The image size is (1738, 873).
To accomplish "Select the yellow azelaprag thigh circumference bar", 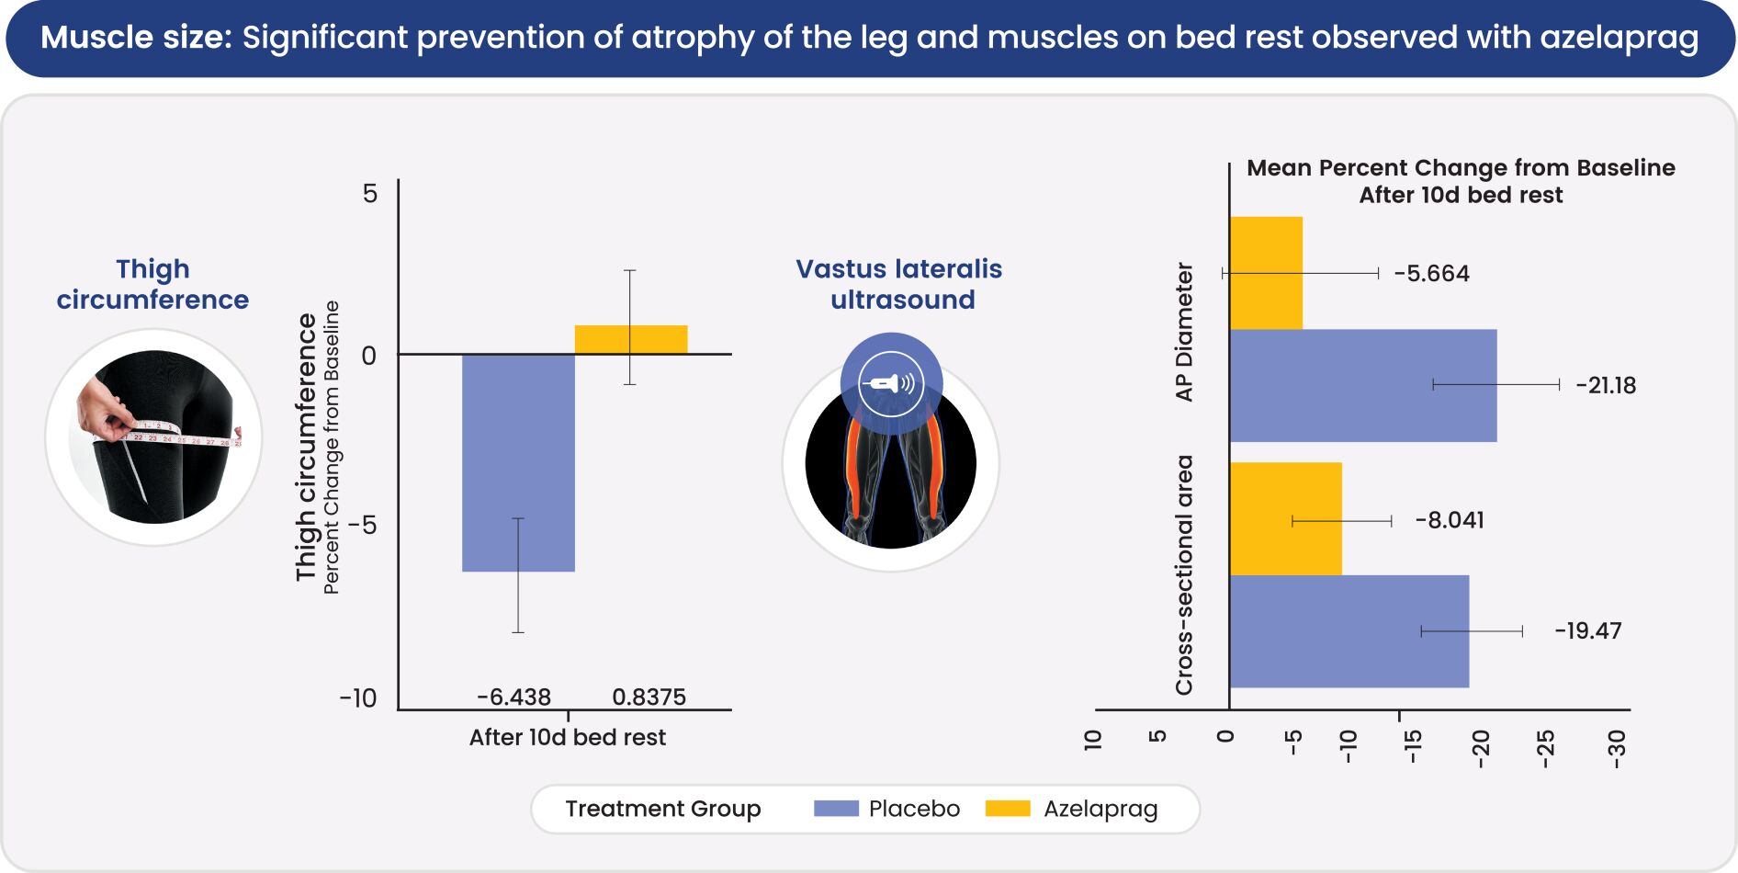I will [x=631, y=339].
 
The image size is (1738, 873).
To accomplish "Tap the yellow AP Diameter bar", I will [x=1266, y=273].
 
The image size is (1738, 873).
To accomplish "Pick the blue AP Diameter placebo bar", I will [x=1362, y=385].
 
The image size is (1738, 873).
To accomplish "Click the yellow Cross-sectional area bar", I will [x=1285, y=519].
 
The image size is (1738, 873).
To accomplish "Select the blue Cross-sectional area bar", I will [x=1349, y=631].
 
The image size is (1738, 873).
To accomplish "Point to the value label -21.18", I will [x=1606, y=385].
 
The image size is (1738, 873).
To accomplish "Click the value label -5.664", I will [x=1431, y=274].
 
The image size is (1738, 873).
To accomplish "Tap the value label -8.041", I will [x=1450, y=520].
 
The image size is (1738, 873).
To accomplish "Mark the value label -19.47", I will [x=1587, y=631].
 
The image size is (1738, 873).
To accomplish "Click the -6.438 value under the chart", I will [x=513, y=697].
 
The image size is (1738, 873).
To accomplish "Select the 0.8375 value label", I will [x=649, y=697].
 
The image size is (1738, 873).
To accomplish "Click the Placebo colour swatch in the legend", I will [x=836, y=809].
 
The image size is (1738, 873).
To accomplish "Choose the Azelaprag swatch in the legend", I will [x=1008, y=809].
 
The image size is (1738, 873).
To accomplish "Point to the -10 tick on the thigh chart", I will [x=358, y=698].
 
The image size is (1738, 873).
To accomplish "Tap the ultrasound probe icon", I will [x=890, y=383].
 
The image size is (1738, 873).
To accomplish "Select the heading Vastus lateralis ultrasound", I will [x=899, y=284].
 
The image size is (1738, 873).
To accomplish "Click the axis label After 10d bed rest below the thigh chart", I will [x=568, y=737].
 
